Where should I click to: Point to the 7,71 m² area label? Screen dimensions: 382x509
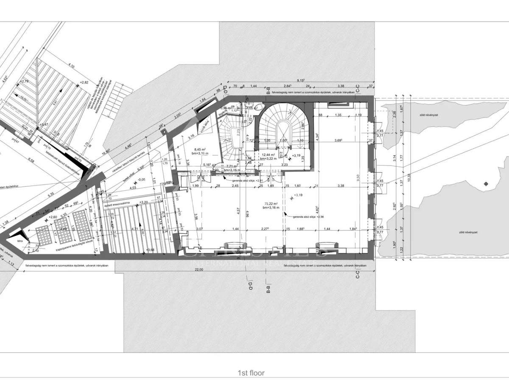(232, 166)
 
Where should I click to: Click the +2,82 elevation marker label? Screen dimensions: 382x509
(83, 82)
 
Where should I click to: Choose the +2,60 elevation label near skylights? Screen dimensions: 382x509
(53, 217)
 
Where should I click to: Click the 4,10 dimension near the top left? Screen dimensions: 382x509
(71, 66)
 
